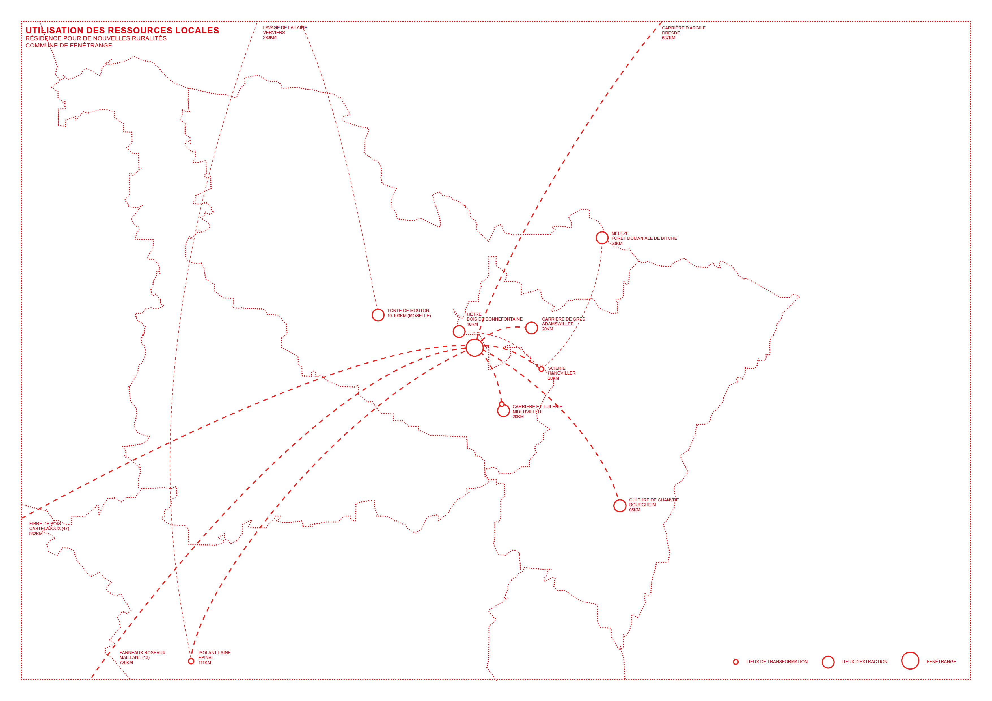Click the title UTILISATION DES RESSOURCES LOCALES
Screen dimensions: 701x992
click(x=122, y=30)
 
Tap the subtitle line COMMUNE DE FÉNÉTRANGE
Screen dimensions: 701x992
click(x=69, y=45)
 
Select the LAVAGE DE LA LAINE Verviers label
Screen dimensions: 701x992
click(x=285, y=33)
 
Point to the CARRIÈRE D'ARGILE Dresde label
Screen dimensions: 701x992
click(x=683, y=33)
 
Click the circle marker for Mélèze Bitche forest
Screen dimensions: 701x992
click(x=602, y=237)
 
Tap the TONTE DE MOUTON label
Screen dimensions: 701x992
click(x=408, y=313)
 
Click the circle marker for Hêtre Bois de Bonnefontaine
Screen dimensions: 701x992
click(x=459, y=331)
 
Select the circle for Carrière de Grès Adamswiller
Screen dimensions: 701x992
click(x=531, y=328)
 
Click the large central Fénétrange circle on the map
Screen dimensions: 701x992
click(x=475, y=347)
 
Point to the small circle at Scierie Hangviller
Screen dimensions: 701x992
click(x=541, y=369)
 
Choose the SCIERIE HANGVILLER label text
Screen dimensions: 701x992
click(x=561, y=373)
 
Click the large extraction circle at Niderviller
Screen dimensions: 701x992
click(x=503, y=411)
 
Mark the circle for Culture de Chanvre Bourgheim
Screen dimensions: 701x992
click(x=620, y=506)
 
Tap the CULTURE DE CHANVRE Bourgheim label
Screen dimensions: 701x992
click(x=653, y=505)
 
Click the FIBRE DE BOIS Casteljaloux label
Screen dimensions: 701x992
click(x=49, y=529)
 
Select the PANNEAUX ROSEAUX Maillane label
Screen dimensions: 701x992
click(x=142, y=657)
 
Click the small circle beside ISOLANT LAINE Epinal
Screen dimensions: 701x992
click(x=191, y=661)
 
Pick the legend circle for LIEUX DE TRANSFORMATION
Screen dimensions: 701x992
click(x=736, y=662)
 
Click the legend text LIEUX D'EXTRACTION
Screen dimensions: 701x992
click(x=864, y=662)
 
